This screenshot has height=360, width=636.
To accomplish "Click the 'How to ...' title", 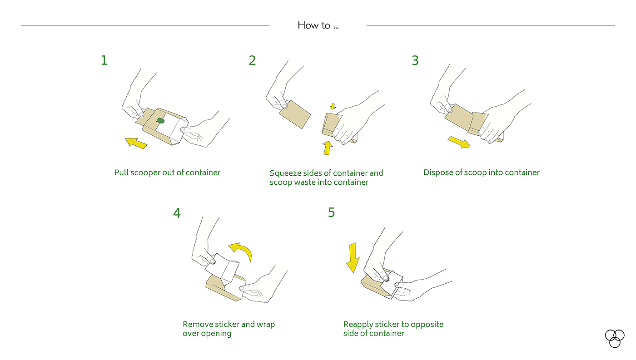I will [318, 25].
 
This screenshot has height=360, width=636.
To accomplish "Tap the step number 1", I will [104, 60].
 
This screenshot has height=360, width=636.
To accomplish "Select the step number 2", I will [252, 60].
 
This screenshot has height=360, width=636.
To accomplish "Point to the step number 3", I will [415, 60].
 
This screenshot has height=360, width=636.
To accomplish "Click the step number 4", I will [177, 213].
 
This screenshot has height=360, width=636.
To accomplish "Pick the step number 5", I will [331, 212].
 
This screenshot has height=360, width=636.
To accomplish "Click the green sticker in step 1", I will [160, 120].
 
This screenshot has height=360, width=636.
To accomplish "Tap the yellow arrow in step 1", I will [136, 143].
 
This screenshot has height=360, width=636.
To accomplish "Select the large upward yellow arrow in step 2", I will [328, 148].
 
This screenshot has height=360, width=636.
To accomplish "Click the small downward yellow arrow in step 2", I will [333, 106].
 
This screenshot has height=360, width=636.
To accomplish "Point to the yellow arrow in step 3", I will [459, 142].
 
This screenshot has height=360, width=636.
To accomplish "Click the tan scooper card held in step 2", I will [295, 114].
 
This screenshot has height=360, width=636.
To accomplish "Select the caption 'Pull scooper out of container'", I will [167, 173].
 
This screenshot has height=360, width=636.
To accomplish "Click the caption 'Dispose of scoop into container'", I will [482, 173].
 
